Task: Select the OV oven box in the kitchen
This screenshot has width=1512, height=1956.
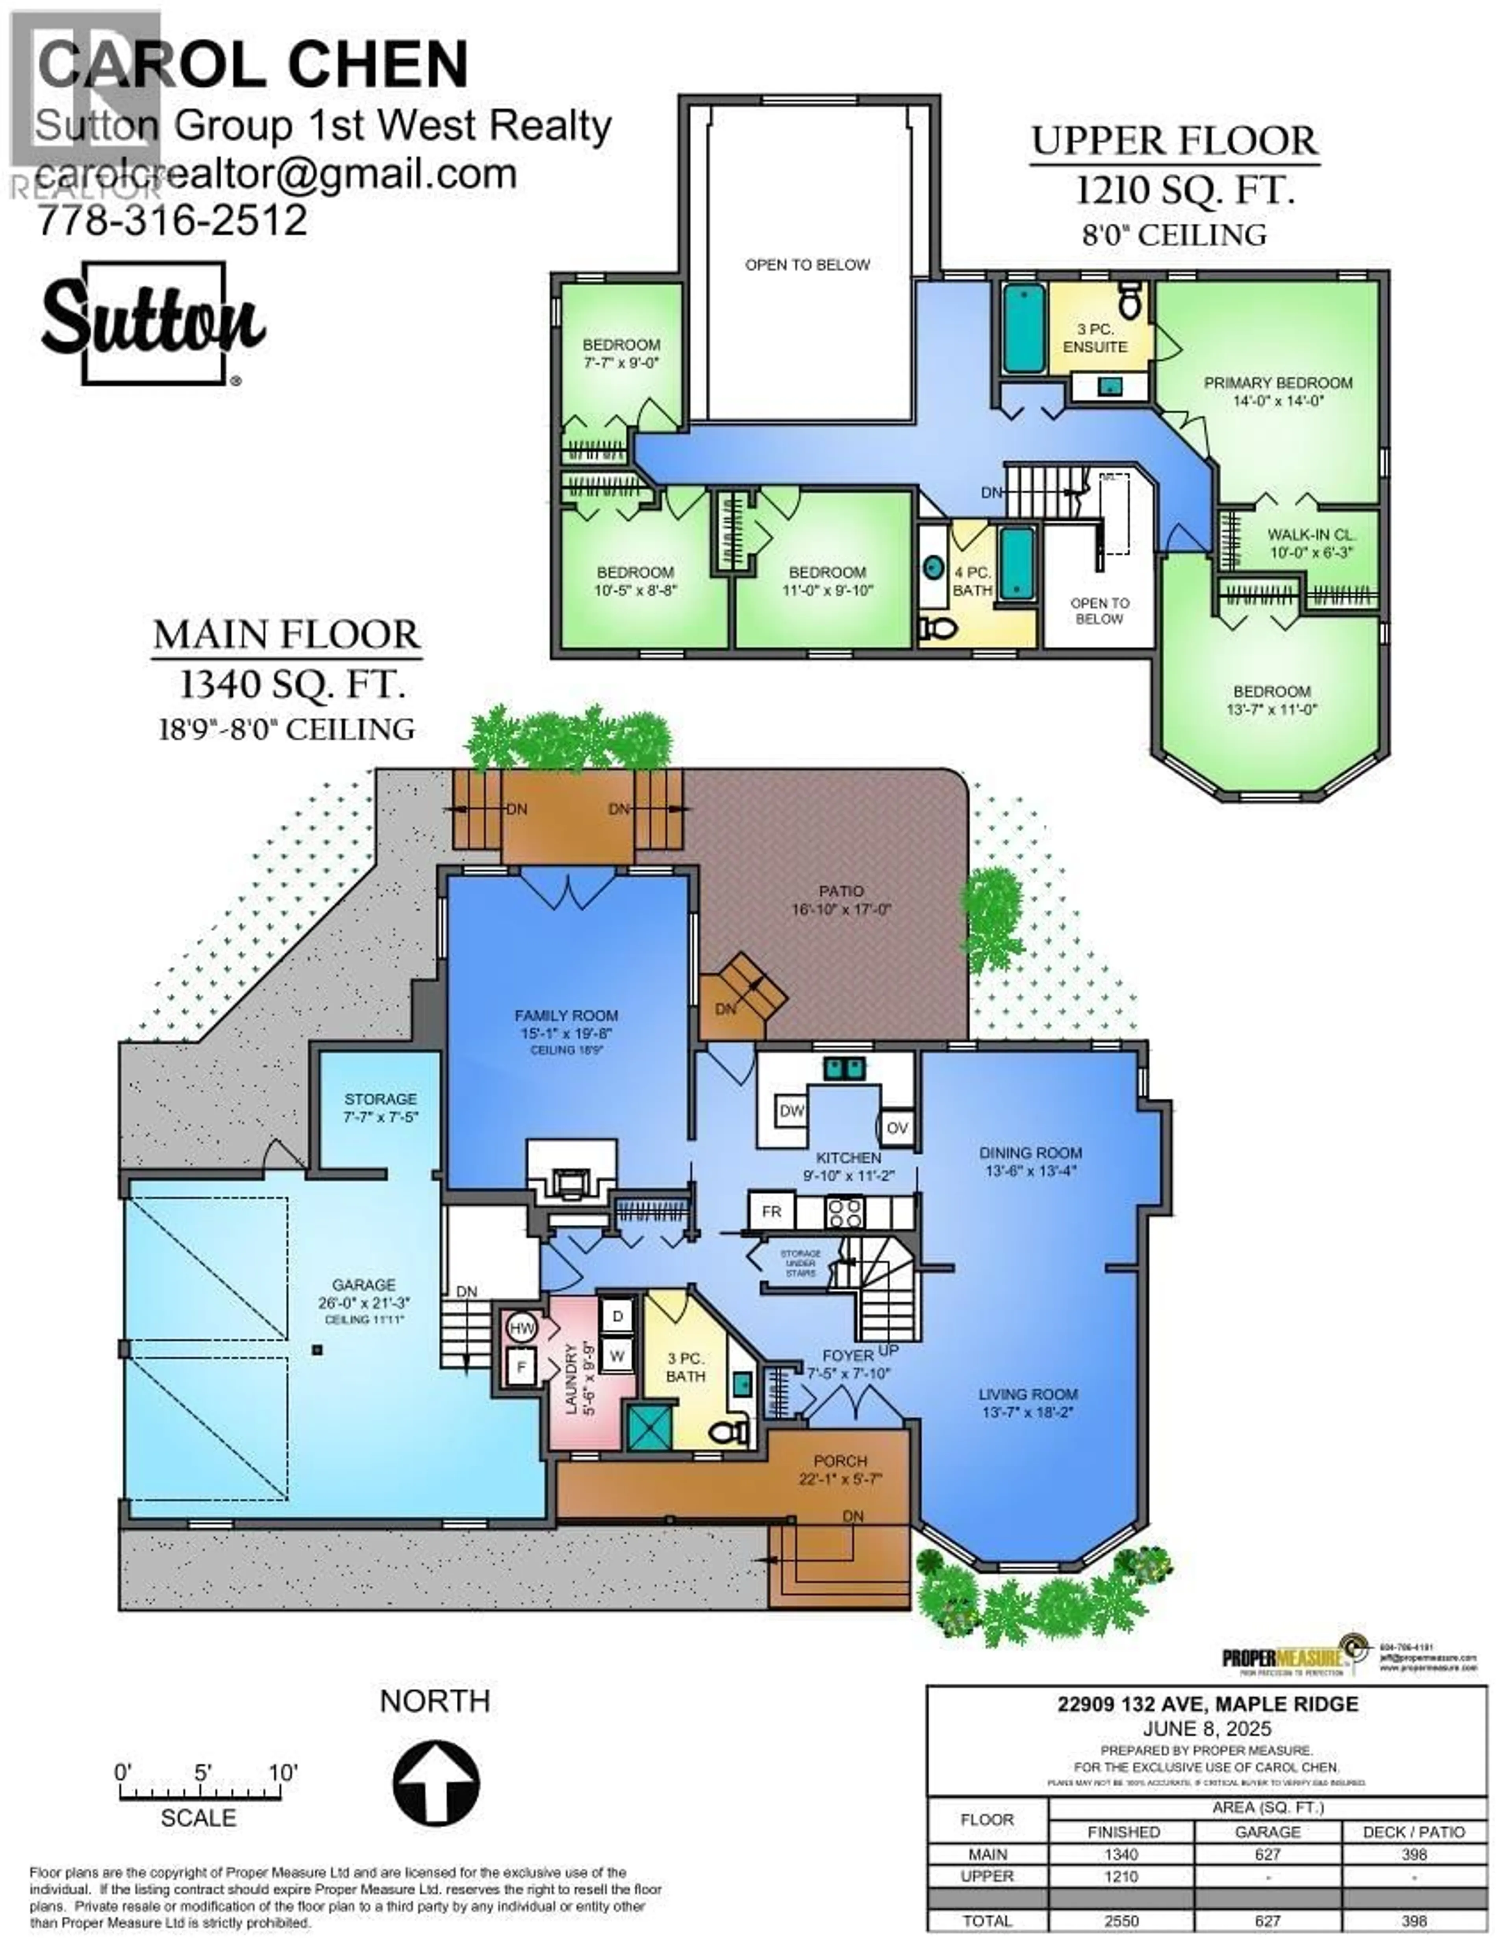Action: coord(897,1127)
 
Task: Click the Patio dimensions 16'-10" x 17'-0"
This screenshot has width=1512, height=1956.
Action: coord(841,909)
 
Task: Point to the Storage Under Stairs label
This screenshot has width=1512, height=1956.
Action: coord(800,1263)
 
